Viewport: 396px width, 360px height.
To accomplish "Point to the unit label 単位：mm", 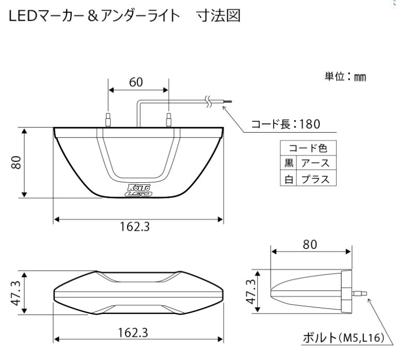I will [344, 76].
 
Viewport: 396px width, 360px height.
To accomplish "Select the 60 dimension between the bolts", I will [136, 82].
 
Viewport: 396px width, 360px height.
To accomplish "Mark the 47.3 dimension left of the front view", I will [16, 292].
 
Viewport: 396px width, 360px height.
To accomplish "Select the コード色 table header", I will [308, 149].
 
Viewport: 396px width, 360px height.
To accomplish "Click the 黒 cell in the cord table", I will [289, 164].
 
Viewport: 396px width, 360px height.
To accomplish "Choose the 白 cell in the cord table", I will [289, 179].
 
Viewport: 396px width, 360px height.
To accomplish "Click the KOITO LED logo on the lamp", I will [139, 190].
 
